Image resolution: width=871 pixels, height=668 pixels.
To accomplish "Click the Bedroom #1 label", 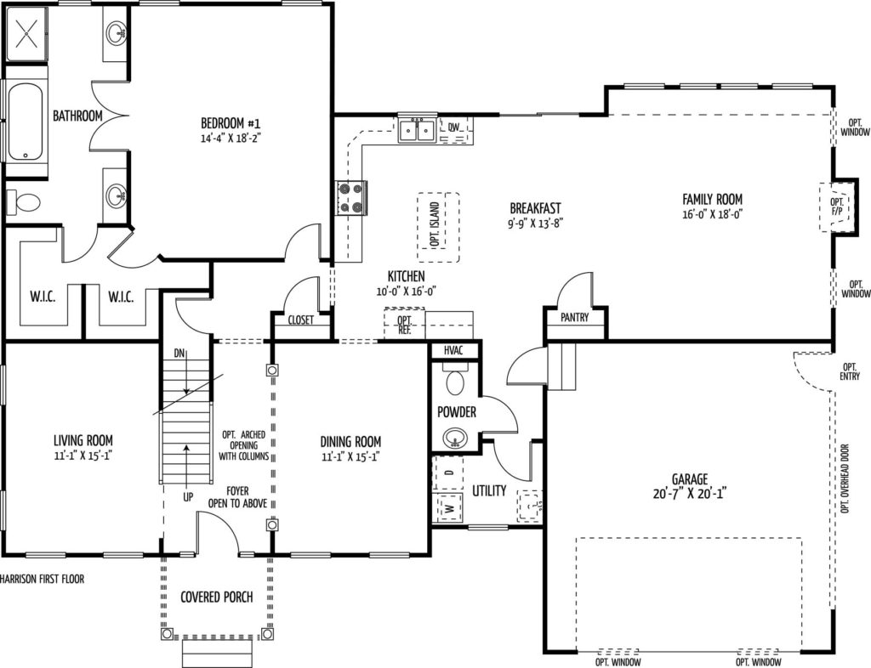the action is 230,122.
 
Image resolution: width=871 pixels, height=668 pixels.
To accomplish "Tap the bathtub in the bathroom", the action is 26,122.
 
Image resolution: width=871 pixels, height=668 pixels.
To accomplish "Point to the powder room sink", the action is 456,439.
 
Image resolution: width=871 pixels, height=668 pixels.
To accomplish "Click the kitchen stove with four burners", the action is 352,198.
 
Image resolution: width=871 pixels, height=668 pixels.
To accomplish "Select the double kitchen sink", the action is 417,130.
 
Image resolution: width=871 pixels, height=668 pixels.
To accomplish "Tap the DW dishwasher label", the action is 454,127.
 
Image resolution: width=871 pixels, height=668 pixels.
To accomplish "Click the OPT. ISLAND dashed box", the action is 438,228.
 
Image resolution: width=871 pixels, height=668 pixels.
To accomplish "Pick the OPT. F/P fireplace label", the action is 837,207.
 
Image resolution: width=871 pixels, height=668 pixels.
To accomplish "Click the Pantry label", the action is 574,317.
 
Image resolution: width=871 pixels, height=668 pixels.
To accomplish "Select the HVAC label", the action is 453,351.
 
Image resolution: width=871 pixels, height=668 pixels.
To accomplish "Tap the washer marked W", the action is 449,507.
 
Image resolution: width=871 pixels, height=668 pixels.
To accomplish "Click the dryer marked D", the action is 449,473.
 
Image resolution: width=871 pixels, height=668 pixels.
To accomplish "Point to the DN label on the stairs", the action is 179,354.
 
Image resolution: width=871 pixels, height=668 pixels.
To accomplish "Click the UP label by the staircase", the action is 188,496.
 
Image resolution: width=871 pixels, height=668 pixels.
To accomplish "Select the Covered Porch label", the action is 217,597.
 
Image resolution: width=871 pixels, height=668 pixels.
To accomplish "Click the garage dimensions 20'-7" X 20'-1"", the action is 691,493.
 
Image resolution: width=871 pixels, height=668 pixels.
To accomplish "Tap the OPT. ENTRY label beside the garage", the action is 850,371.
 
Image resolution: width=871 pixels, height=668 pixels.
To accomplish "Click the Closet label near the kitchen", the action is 300,320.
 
